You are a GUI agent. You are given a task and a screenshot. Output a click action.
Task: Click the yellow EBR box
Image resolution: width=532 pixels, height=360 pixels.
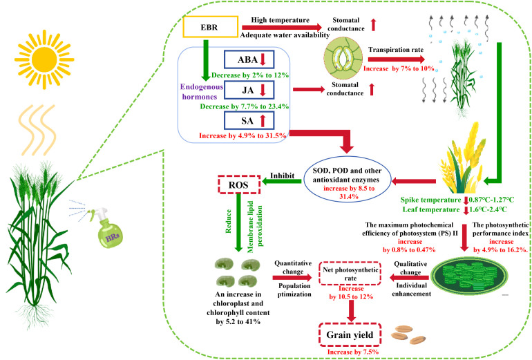click(210, 26)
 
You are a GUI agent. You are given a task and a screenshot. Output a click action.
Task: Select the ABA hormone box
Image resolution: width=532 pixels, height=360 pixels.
click(249, 59)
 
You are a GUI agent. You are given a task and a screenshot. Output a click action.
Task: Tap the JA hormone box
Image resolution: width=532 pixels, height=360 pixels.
click(249, 91)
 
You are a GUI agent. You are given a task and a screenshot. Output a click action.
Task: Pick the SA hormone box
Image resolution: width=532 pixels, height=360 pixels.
click(249, 121)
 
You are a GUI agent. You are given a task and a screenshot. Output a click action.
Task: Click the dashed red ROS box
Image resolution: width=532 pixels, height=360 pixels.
click(239, 184)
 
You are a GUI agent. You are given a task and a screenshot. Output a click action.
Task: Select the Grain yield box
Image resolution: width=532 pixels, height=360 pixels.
click(350, 334)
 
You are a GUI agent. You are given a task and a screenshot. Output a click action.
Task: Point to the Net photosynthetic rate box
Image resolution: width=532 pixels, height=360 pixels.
click(350, 274)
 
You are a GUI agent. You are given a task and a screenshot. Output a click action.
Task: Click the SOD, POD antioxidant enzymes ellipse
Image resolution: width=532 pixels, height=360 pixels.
click(347, 180)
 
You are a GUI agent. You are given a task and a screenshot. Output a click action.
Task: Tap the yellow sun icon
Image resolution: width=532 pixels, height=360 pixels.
click(44, 59)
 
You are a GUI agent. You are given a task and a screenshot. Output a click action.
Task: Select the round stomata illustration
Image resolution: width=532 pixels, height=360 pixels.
click(343, 58)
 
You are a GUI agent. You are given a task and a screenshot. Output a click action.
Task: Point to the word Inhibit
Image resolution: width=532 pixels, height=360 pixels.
click(282, 176)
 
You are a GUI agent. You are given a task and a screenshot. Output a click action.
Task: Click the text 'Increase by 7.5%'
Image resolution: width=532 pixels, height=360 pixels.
click(353, 352)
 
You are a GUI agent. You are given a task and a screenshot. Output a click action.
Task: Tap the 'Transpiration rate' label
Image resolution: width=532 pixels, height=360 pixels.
click(396, 50)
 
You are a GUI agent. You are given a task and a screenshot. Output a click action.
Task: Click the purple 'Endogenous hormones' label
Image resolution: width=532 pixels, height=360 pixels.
click(201, 92)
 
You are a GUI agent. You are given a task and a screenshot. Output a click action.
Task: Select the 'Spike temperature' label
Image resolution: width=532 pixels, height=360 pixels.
click(430, 200)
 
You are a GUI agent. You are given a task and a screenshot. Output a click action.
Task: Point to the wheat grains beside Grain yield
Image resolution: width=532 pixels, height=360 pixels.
click(408, 334)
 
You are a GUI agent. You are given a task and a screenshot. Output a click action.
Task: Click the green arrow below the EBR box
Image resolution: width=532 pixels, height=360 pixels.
click(206, 60)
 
